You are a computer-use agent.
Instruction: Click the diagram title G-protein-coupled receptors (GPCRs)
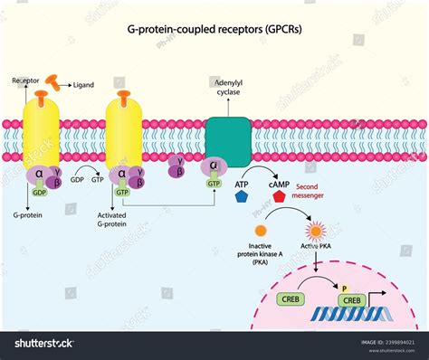point(214,29)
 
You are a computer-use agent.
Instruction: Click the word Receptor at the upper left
point(26,80)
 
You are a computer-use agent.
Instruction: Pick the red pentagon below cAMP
point(279,195)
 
